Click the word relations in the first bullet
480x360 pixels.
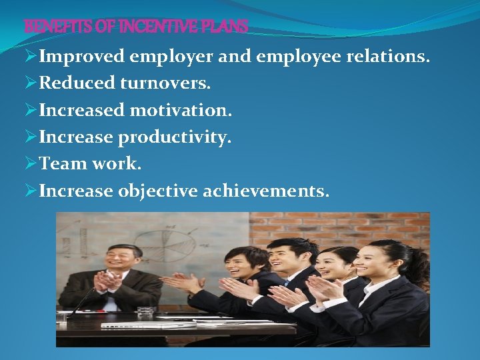(x=388, y=57)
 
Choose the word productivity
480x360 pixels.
(x=175, y=137)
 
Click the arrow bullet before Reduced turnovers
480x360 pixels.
(x=31, y=83)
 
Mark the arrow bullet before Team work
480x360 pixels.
(x=31, y=164)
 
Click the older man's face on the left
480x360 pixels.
(x=125, y=259)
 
